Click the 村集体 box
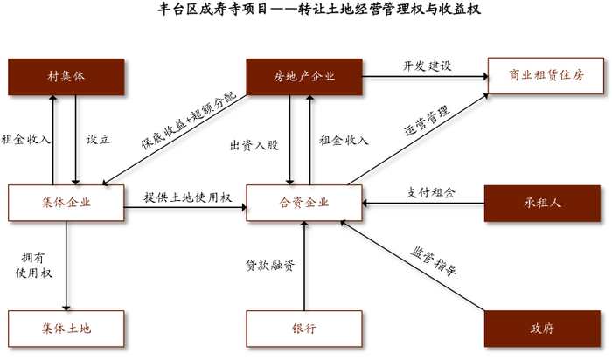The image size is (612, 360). pyautogui.click(x=66, y=77)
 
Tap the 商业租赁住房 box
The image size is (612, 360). pyautogui.click(x=546, y=77)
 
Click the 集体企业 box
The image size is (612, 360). pyautogui.click(x=66, y=203)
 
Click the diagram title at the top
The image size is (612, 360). pyautogui.click(x=306, y=11)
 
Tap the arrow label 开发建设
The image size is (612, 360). pyautogui.click(x=427, y=66)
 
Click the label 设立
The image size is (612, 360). pyautogui.click(x=97, y=139)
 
